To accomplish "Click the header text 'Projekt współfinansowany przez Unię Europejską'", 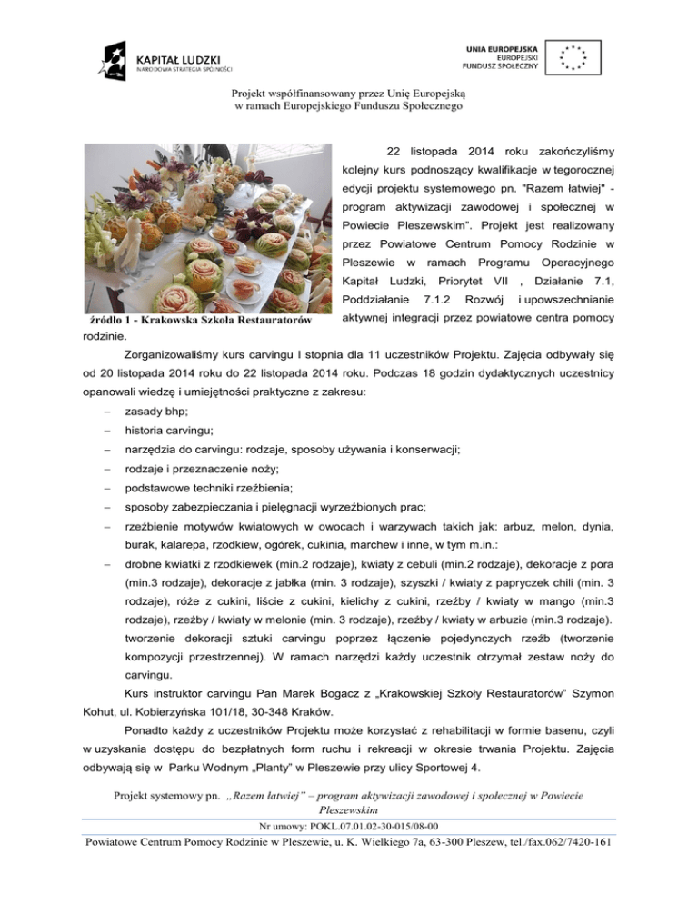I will click(x=349, y=94).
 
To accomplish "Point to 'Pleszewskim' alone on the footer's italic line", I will click(x=349, y=810).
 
